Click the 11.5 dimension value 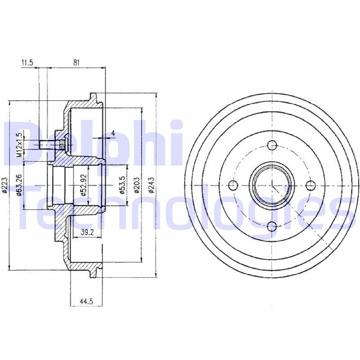point(27,63)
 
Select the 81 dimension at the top point(76,63)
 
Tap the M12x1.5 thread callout point(19,144)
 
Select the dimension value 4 point(113,133)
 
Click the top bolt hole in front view point(272,145)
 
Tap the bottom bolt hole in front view point(272,226)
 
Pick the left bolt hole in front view point(232,185)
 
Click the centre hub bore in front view point(272,185)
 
